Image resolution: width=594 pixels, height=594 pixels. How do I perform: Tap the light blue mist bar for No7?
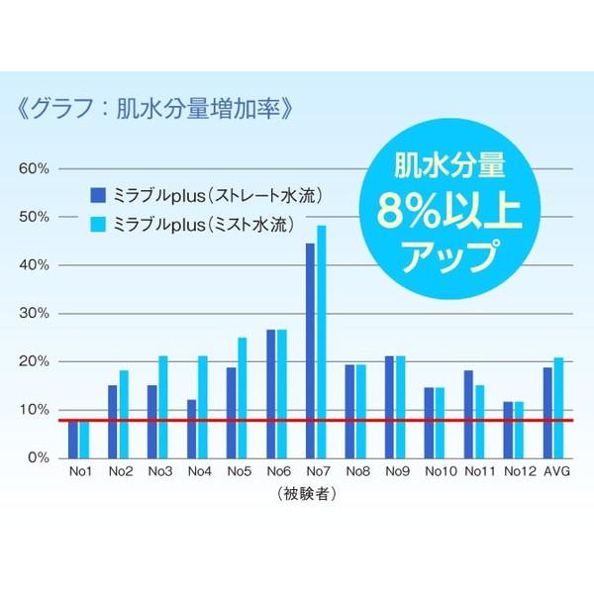pyautogui.click(x=321, y=342)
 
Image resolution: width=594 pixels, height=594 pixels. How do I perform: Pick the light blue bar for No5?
pyautogui.click(x=242, y=397)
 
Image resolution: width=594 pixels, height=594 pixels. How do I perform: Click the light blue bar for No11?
pyautogui.click(x=480, y=421)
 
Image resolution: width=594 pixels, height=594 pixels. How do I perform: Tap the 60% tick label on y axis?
pyautogui.click(x=35, y=168)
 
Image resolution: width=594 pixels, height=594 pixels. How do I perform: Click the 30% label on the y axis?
pyautogui.click(x=35, y=313)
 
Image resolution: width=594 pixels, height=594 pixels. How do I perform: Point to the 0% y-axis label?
pyautogui.click(x=39, y=457)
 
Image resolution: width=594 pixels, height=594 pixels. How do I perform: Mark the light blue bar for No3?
pyautogui.click(x=163, y=407)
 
